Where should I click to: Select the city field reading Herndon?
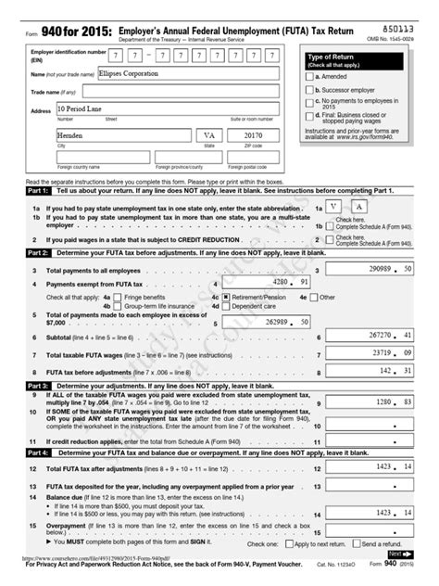point(120,137)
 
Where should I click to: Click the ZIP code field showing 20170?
point(255,137)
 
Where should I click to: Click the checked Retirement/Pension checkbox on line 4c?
point(215,298)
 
